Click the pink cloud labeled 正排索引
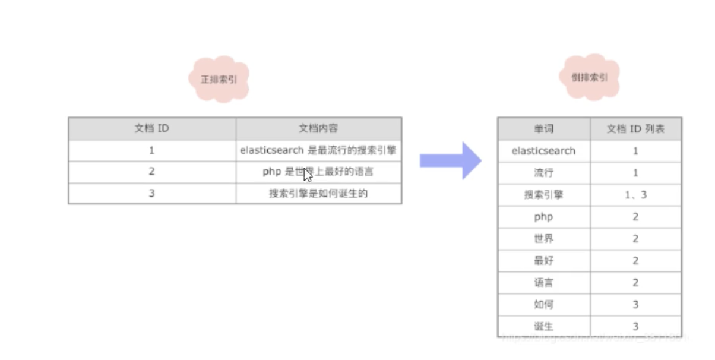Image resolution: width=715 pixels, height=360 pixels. coord(219,79)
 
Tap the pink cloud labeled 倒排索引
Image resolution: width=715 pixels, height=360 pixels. coord(590,77)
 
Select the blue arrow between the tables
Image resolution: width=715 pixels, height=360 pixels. coord(450,160)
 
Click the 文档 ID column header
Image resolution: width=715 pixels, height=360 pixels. coord(152,128)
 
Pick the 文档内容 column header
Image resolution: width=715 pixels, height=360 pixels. coord(318,128)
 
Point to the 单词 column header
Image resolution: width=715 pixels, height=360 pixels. coord(543,129)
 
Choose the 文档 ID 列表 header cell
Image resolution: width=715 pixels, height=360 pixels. coord(635,129)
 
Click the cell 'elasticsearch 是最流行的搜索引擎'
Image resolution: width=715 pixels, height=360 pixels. coord(318,150)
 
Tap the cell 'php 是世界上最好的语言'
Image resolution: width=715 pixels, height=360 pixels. coord(318,172)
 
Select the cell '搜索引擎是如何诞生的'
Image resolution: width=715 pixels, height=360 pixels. coord(318,193)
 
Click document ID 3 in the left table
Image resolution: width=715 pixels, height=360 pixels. coord(152,193)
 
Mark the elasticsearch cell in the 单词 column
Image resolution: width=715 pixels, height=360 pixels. coord(543,151)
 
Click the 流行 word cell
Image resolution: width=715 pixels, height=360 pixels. coord(543,173)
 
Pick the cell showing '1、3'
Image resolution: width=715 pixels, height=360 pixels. coord(635,195)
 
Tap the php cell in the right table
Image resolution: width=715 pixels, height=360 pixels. coord(543,217)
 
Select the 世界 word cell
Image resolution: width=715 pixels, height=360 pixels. coord(543,239)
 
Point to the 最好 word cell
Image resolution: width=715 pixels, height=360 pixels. coord(543,261)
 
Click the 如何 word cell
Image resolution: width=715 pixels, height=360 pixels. coord(543,305)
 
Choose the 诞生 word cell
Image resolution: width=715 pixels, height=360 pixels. coord(543,326)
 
